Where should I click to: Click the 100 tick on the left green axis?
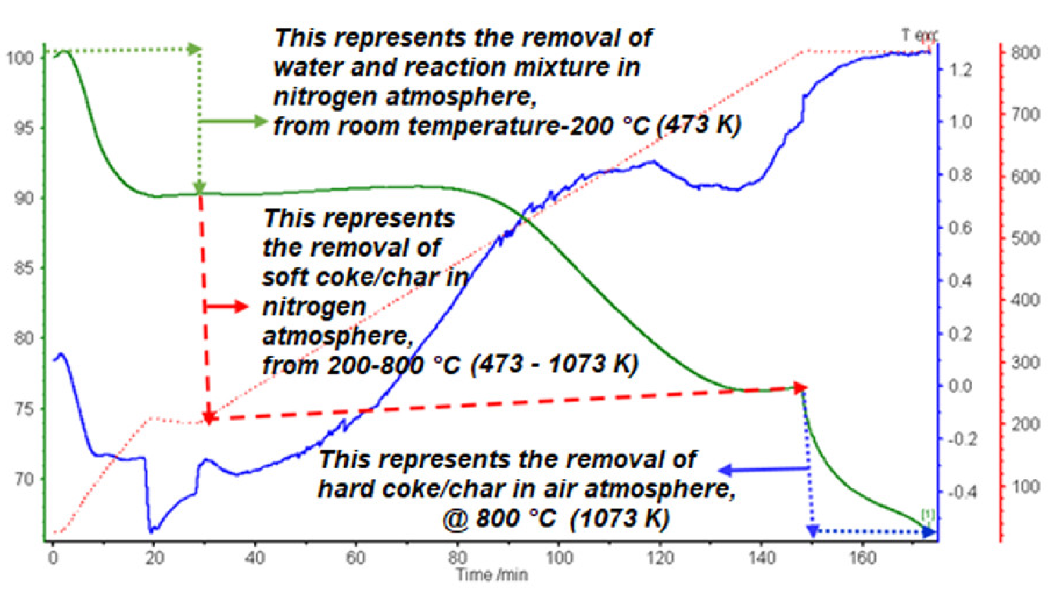[20, 58]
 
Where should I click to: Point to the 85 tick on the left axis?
[24, 268]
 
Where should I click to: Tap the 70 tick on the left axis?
[24, 479]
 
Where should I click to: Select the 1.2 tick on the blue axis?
[960, 70]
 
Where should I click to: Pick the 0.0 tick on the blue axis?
[960, 386]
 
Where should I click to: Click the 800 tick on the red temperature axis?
[1025, 53]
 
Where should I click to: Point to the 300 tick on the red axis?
[1025, 363]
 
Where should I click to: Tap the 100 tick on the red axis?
[1025, 486]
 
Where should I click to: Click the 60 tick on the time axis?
[356, 558]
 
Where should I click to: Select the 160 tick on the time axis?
[863, 558]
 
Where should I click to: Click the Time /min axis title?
[492, 575]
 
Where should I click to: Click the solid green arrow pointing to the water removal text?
[233, 121]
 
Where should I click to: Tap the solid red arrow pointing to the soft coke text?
[226, 306]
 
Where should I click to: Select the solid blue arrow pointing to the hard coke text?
[764, 470]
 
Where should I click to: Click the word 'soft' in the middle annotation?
[285, 277]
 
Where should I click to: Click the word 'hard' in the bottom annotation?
[347, 489]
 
